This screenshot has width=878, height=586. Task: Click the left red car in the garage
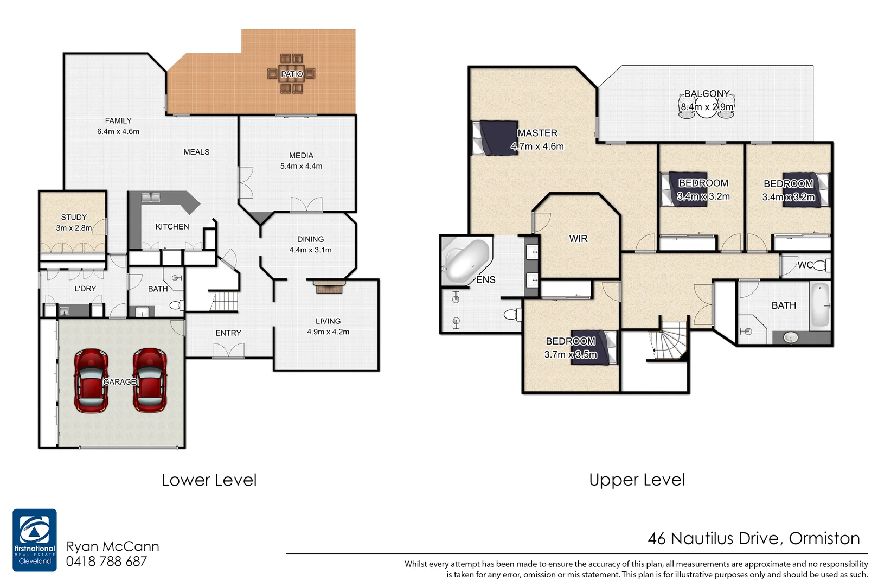point(91,380)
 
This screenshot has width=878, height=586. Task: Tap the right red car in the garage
point(150,380)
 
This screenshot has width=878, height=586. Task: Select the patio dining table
point(292,74)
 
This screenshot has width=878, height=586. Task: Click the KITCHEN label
point(172,227)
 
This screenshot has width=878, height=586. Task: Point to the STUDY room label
point(74,217)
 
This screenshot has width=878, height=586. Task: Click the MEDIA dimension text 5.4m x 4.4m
point(301,167)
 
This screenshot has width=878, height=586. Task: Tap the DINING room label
point(310,239)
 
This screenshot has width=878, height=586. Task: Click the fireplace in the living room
point(329,286)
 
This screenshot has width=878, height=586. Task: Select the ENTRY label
point(228,333)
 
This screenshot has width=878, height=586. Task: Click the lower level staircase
point(224,302)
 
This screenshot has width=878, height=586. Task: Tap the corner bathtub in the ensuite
point(465,260)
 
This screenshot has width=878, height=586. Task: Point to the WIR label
point(578,239)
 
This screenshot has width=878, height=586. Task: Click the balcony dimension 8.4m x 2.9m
point(707,107)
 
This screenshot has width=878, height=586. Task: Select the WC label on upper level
point(805,265)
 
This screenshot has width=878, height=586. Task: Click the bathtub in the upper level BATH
point(820,305)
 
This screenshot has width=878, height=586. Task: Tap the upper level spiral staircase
point(670,342)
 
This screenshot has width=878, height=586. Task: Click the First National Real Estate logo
point(35,540)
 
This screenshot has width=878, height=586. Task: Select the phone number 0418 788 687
point(106,562)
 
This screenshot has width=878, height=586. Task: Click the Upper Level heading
point(637,480)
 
